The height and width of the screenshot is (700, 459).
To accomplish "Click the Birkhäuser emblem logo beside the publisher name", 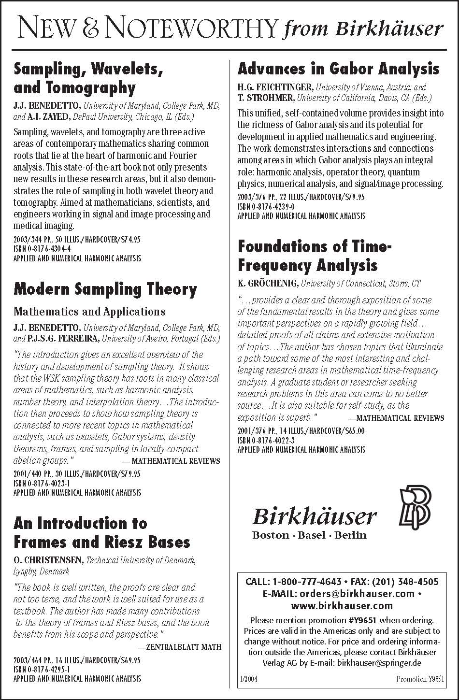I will pos(415,508).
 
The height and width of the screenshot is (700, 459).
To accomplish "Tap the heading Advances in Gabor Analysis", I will pos(338,69).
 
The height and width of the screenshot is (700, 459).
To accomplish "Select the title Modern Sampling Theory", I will pos(105,289).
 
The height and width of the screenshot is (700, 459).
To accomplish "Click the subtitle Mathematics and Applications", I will pos(89,312).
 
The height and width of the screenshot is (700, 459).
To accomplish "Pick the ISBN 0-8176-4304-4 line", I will pos(42,248).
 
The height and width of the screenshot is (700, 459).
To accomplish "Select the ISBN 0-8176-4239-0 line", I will pos(266,206).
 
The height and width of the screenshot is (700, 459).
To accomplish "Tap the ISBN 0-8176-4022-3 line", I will pos(266,440).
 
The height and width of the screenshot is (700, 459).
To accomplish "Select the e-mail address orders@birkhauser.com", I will pos(357,594).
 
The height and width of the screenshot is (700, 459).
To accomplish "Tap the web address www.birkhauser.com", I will pos(342,606).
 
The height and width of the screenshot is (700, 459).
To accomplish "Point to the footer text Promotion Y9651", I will pos(419,679).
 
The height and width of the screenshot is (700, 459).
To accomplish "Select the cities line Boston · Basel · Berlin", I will pos(309,535).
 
